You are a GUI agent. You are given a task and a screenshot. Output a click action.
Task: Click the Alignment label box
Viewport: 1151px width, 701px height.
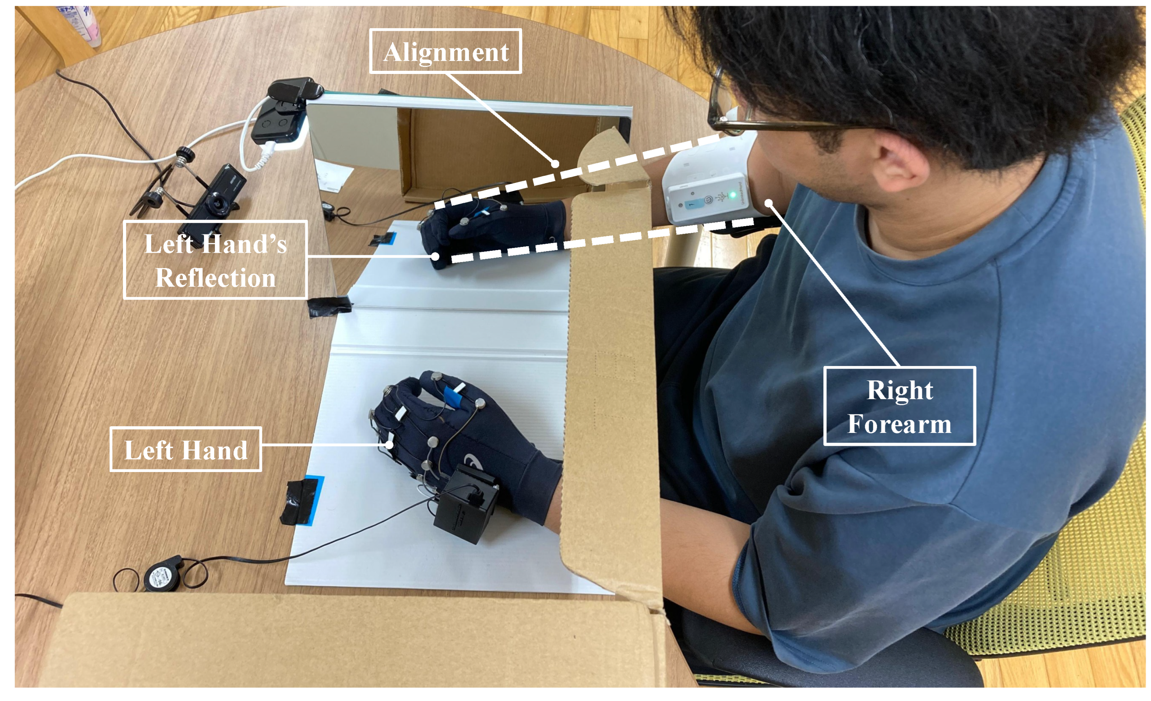pyautogui.click(x=445, y=51)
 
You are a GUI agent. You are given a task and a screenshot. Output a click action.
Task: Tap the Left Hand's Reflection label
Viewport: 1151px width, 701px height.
pyautogui.click(x=215, y=259)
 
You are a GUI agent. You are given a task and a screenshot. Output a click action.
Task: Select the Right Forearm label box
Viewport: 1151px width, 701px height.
pyautogui.click(x=899, y=406)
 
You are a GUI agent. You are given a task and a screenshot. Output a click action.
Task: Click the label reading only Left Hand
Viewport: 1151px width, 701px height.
pyautogui.click(x=186, y=449)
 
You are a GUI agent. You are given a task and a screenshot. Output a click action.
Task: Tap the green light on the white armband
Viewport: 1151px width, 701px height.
pyautogui.click(x=733, y=195)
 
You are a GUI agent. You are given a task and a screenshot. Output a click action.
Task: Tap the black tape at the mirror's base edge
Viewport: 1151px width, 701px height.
pyautogui.click(x=329, y=306)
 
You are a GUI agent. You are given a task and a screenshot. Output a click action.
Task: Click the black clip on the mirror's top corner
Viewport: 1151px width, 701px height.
pyautogui.click(x=294, y=89)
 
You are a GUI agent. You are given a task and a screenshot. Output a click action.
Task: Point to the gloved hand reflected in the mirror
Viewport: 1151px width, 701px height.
pyautogui.click(x=486, y=229)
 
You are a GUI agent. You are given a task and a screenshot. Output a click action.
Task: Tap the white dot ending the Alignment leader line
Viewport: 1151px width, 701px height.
pyautogui.click(x=554, y=164)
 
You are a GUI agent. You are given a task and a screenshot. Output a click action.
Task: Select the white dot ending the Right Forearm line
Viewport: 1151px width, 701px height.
pyautogui.click(x=769, y=203)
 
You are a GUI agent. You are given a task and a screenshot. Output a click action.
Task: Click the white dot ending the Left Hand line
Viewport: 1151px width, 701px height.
pyautogui.click(x=389, y=445)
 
